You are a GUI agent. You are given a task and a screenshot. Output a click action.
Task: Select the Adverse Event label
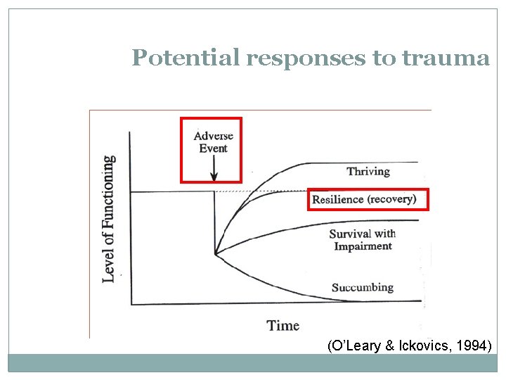pos(213,142)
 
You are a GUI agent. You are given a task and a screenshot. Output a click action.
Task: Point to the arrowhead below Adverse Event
pos(214,176)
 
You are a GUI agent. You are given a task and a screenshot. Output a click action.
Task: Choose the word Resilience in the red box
pos(338,200)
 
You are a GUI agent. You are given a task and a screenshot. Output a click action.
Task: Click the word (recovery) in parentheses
pos(391,200)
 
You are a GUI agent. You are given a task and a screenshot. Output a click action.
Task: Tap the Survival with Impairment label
pos(363,240)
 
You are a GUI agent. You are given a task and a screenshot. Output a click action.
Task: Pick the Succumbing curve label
pos(362,287)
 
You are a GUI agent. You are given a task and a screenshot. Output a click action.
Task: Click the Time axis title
pos(283,325)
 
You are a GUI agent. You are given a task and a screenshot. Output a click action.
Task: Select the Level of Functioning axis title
pos(109,219)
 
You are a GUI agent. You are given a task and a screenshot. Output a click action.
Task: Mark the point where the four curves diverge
pos(215,253)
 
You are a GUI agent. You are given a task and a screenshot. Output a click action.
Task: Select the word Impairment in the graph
pos(363,246)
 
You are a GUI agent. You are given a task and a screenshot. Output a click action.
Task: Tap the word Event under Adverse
pos(213,148)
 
